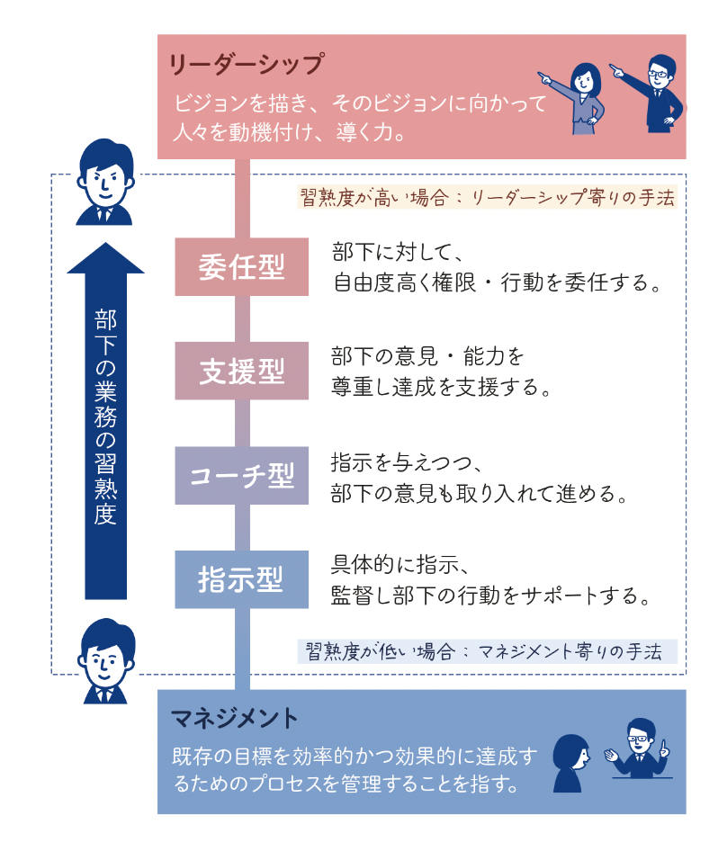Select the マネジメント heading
tap(234, 718)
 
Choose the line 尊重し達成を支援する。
tap(442, 388)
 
